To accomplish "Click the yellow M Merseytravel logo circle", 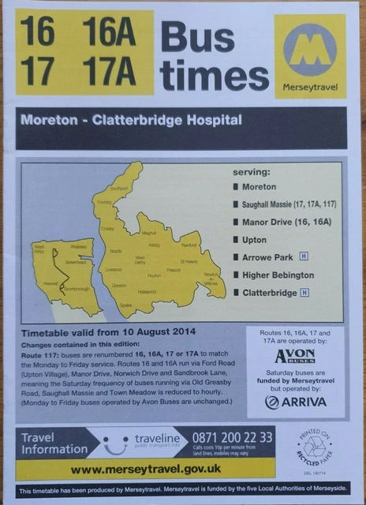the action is (310, 49).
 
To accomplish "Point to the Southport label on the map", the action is (119, 189).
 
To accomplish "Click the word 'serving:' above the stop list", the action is (251, 171).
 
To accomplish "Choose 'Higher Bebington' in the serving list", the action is (278, 275).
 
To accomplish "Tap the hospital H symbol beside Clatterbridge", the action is (305, 293).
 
